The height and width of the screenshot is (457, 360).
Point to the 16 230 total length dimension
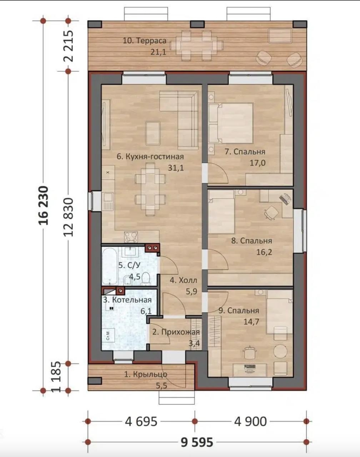[44, 205]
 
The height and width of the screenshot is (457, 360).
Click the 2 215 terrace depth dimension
[69, 46]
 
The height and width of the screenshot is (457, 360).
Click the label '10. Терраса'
[145, 41]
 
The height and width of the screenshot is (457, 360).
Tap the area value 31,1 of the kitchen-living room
[176, 168]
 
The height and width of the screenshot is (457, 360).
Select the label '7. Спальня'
[245, 152]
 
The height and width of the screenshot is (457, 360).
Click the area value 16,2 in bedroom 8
[264, 252]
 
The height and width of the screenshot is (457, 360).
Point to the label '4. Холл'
[184, 280]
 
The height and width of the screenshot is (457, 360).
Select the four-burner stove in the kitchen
[130, 237]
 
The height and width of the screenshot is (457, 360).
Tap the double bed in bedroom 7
[231, 123]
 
